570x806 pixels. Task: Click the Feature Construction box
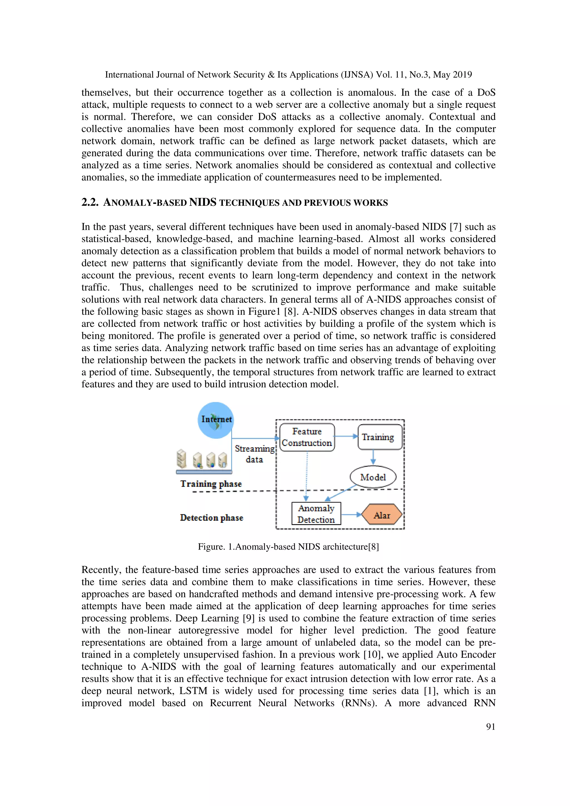[x=307, y=437]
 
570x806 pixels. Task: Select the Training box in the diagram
[x=380, y=437]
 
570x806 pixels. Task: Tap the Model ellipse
[x=373, y=477]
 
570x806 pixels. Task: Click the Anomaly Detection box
[x=316, y=514]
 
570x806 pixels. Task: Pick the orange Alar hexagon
[x=382, y=515]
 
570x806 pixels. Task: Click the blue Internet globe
[x=216, y=420]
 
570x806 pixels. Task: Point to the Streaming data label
[x=254, y=454]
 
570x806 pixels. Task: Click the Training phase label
[x=211, y=484]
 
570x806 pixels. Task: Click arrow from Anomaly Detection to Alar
[x=351, y=515]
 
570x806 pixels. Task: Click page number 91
[x=490, y=727]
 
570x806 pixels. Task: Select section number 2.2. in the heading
[x=90, y=202]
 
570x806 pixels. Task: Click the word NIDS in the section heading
[x=203, y=202]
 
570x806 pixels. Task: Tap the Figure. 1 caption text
[x=288, y=547]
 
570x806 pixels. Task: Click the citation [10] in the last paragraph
[x=371, y=655]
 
